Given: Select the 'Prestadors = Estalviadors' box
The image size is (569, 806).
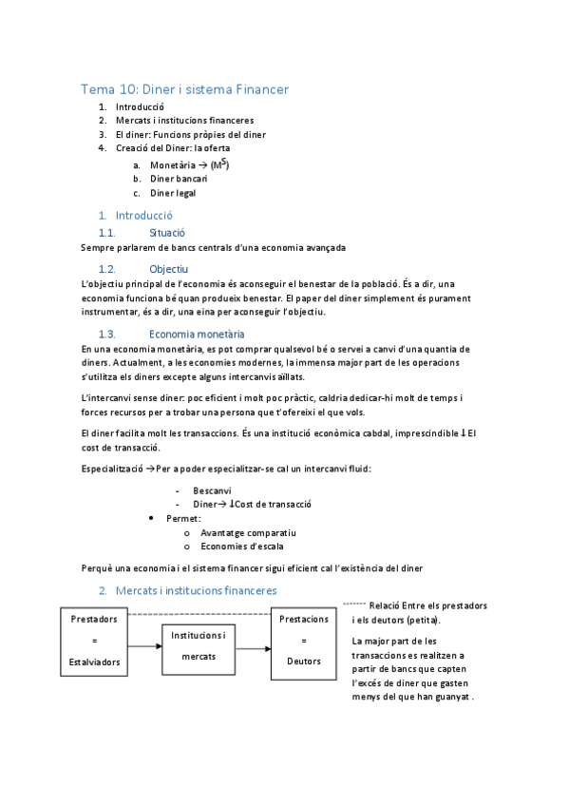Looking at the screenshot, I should pyautogui.click(x=95, y=640).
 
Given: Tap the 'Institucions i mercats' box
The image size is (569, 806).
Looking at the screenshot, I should pyautogui.click(x=199, y=645).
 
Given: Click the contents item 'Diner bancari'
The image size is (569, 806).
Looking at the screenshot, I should pyautogui.click(x=179, y=178).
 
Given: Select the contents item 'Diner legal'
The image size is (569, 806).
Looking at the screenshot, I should pyautogui.click(x=173, y=193).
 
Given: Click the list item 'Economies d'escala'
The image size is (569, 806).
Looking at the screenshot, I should pyautogui.click(x=241, y=547).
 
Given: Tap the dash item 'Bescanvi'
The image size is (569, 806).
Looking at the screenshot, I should pyautogui.click(x=212, y=490).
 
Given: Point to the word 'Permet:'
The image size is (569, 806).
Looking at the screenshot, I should pyautogui.click(x=183, y=518).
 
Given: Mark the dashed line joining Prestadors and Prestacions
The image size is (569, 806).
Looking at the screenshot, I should pyautogui.click(x=199, y=613).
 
